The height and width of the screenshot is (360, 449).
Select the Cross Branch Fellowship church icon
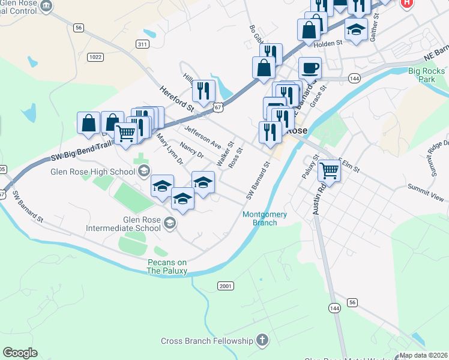point(261,341)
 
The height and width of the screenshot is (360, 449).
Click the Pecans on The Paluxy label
point(167,266)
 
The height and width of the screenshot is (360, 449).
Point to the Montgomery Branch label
point(265,218)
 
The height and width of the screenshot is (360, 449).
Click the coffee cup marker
point(309,67)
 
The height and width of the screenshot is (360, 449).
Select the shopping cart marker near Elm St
point(329,170)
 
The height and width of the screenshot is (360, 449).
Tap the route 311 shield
point(142,44)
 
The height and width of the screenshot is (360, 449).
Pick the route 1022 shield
point(95,57)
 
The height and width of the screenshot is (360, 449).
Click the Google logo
point(20,353)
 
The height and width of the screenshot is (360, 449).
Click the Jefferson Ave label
point(203,137)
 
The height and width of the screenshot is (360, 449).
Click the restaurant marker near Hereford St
point(203,90)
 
